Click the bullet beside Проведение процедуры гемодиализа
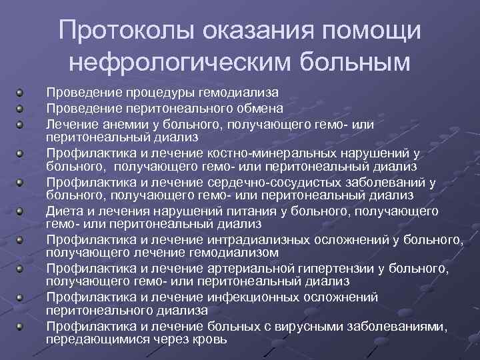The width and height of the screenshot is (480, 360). (x=22, y=93)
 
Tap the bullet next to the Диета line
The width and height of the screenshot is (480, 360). (x=22, y=211)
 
